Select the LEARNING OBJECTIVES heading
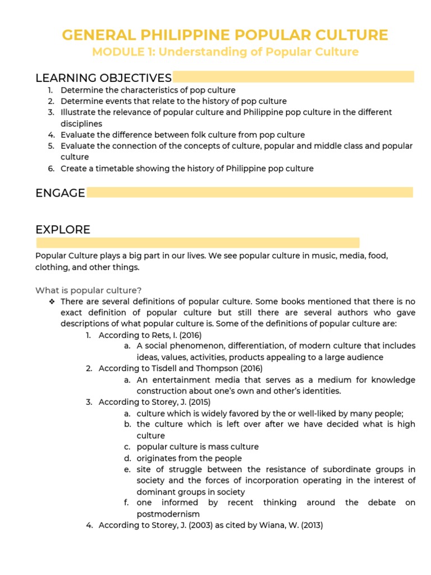pyautogui.click(x=103, y=77)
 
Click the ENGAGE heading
pyautogui.click(x=60, y=193)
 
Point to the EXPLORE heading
pyautogui.click(x=63, y=230)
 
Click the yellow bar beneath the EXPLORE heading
pyautogui.click(x=198, y=243)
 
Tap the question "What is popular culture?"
pyautogui.click(x=89, y=290)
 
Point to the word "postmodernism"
pyautogui.click(x=168, y=514)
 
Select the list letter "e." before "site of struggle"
pyautogui.click(x=127, y=469)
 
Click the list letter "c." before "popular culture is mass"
pyautogui.click(x=127, y=447)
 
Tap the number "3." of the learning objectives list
pyautogui.click(x=51, y=112)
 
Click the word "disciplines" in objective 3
pyautogui.click(x=81, y=124)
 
